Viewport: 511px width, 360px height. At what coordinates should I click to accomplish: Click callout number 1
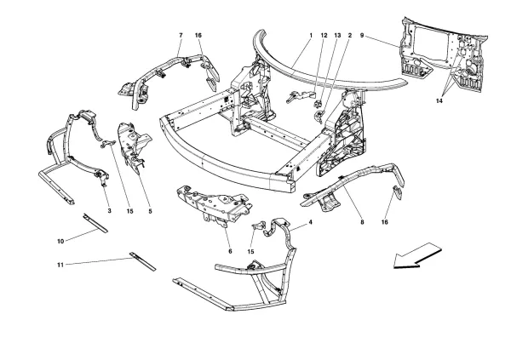312,36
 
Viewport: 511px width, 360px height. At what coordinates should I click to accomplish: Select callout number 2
349,36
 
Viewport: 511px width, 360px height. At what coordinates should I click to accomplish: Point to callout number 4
310,222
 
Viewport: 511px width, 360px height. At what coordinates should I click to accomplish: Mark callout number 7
181,36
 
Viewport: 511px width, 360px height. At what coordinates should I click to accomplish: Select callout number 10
62,242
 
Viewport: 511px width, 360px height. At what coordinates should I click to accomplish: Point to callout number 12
324,36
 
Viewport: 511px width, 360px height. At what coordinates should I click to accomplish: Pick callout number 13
337,36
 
